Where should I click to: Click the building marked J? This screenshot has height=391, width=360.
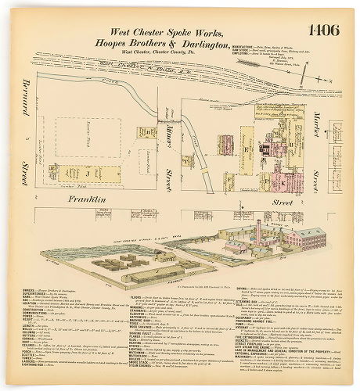click(87, 172)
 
